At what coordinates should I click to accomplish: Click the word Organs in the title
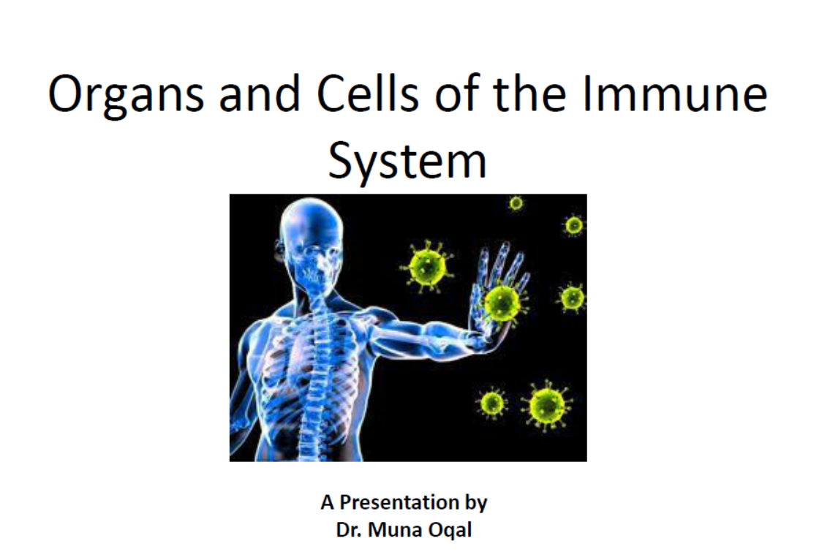126,95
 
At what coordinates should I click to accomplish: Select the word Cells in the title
368,93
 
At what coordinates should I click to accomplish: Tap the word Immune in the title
674,93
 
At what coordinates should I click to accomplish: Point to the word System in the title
407,161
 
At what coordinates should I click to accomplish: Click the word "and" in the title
260,93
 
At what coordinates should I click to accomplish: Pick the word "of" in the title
458,93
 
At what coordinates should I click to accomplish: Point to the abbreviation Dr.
349,529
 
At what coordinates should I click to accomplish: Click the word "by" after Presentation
476,503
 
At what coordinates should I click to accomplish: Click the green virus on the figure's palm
502,303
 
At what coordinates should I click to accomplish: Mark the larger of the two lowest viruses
547,406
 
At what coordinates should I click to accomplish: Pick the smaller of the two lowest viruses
492,404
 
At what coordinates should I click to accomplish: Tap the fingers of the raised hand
503,265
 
